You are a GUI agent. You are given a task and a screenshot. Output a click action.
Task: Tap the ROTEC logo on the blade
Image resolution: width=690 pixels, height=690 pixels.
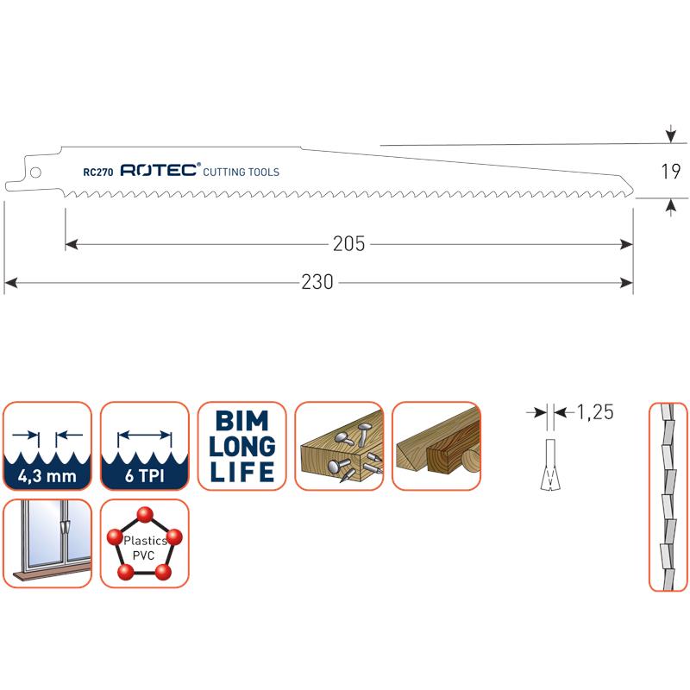160,171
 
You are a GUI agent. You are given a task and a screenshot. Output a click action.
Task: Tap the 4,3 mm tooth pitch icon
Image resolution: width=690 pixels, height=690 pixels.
47,446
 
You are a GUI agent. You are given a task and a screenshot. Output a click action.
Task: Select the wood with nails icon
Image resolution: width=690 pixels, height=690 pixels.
339,446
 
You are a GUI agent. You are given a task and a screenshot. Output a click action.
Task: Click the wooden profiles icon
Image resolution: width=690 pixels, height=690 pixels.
436,446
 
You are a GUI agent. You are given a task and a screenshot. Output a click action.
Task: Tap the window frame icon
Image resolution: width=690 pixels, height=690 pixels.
47,543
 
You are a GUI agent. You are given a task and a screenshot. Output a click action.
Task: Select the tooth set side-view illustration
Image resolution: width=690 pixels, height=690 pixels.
665,496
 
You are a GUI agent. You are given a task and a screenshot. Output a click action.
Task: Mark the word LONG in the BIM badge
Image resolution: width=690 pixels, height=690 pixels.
242,447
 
